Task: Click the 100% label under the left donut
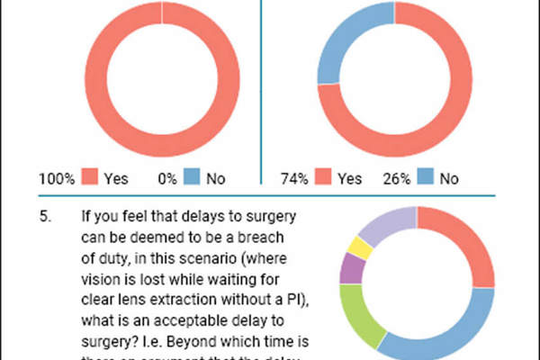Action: (x=55, y=178)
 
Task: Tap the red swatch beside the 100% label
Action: (x=89, y=178)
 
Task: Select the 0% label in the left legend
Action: (x=166, y=178)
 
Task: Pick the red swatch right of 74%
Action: (x=327, y=178)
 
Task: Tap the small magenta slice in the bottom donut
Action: (x=354, y=268)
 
